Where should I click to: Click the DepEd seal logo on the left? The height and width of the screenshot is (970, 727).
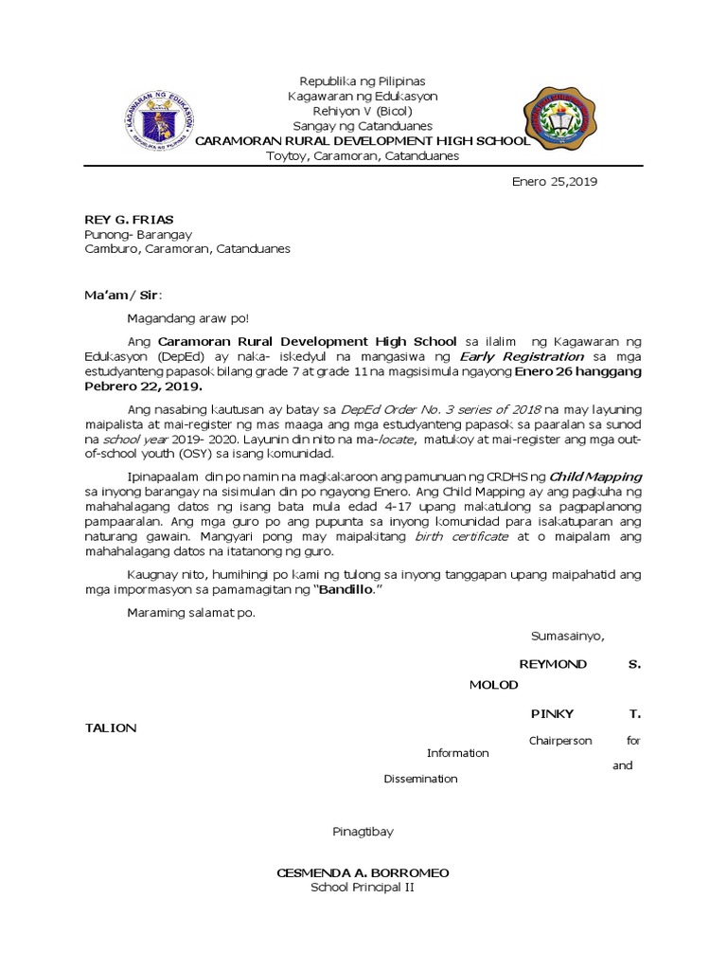pos(156,122)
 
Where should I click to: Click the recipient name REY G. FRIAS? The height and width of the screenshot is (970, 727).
pos(130,220)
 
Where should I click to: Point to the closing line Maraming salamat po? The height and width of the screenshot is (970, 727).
pos(191,612)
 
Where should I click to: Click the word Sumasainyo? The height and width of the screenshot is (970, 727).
pos(567,636)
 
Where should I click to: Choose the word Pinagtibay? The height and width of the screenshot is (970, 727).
pos(363,832)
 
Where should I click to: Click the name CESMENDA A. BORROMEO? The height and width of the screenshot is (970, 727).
pos(363,871)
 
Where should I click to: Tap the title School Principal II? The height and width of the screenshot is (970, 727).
pos(363,888)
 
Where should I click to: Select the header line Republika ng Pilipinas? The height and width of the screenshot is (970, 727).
pos(363,81)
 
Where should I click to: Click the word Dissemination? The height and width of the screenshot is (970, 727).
pos(420,779)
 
